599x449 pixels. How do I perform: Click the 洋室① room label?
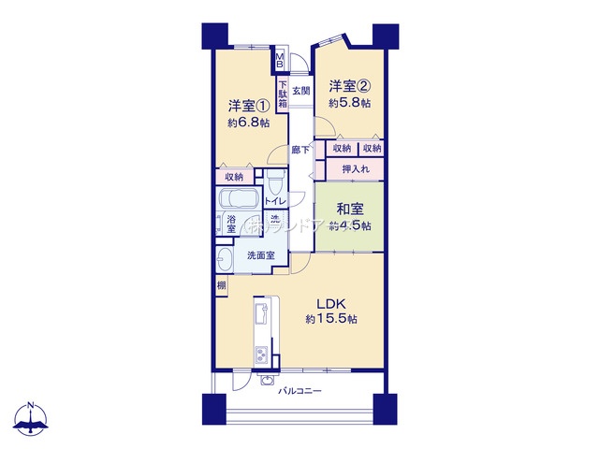click(x=248, y=105)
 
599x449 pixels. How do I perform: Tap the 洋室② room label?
click(x=349, y=86)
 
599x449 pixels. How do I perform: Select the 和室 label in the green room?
click(x=349, y=210)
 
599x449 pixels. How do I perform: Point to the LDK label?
click(x=330, y=303)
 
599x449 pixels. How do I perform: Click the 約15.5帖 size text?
click(x=330, y=319)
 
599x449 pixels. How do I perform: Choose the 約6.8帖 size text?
click(x=248, y=123)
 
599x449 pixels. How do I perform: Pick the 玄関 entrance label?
click(x=300, y=91)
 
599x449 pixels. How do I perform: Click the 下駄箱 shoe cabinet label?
click(x=282, y=97)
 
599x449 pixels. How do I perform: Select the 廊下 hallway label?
click(x=300, y=149)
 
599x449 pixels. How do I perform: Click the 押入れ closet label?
click(x=355, y=169)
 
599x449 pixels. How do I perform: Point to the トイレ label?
click(x=275, y=201)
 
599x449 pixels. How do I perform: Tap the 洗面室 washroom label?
click(x=260, y=254)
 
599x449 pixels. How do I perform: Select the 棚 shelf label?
click(x=221, y=286)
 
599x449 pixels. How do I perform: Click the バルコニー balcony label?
click(x=299, y=390)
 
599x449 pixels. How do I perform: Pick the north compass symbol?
click(x=33, y=421)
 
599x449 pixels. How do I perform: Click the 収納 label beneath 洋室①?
click(x=233, y=176)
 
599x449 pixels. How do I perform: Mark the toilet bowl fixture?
click(x=274, y=181)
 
